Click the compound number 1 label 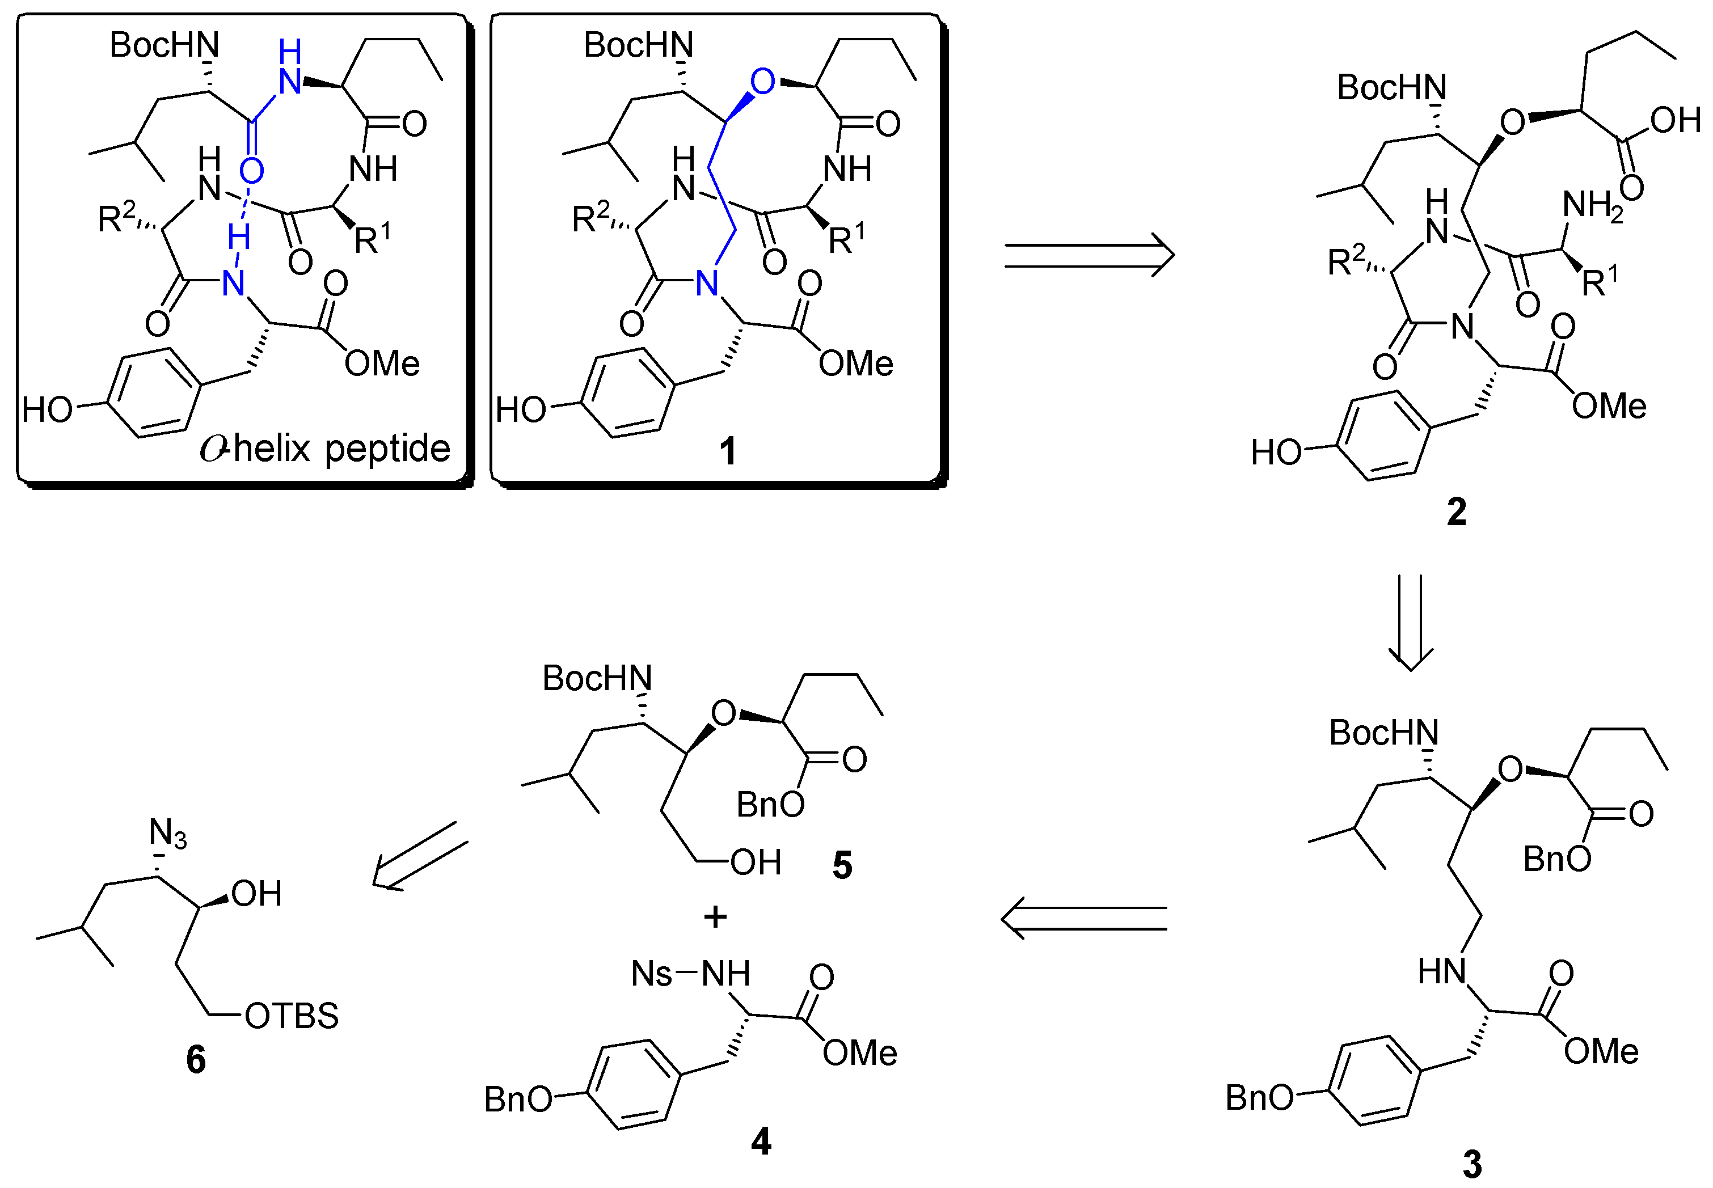pos(727,451)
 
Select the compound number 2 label pos(1456,512)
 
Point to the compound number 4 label pos(761,1141)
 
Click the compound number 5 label pos(842,865)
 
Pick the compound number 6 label pos(196,1059)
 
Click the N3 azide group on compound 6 pos(167,833)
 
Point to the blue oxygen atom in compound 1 pos(762,81)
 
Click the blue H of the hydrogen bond pos(238,238)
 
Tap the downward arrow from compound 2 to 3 pos(1410,622)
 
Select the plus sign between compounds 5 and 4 pos(715,916)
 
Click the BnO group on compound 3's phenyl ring pos(1259,1098)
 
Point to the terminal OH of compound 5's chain pos(755,863)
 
